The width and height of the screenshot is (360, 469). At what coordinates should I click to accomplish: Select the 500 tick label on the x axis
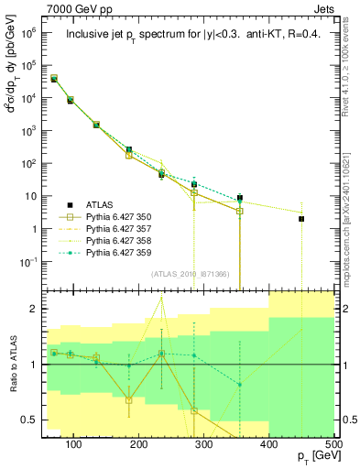point(333,443)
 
